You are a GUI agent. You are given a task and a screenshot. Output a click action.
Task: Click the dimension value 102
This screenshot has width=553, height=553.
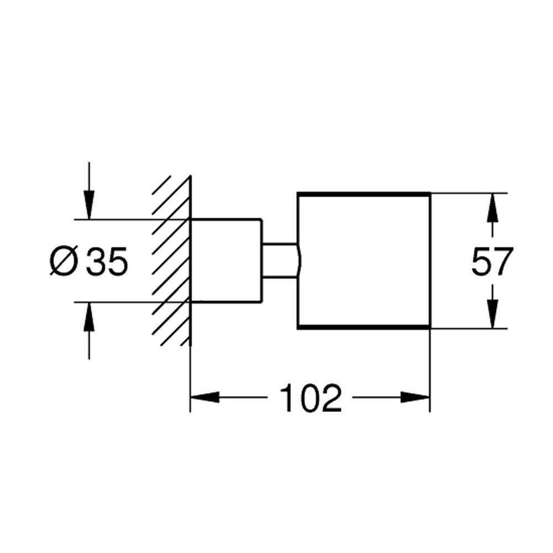[x=311, y=398]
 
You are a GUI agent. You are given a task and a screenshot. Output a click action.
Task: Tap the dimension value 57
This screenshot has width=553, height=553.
[x=492, y=262]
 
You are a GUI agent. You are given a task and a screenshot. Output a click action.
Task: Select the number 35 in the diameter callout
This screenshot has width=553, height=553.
[x=107, y=262]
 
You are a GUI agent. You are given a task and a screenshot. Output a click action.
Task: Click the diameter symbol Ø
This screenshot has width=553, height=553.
[x=64, y=262]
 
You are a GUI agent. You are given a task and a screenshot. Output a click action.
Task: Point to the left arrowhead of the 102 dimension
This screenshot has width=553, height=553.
[x=205, y=398]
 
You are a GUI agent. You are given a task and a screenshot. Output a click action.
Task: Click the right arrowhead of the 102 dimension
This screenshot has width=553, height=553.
[x=415, y=398]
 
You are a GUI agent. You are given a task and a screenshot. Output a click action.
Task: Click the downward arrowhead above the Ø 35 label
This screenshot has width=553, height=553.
[x=89, y=205]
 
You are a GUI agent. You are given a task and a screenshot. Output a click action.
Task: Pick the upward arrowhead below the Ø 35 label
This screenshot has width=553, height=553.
[x=89, y=317]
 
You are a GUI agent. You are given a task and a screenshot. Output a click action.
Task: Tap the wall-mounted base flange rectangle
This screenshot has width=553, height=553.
[x=226, y=261]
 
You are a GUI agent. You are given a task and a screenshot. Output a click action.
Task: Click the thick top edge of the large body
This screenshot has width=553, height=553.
[x=364, y=194]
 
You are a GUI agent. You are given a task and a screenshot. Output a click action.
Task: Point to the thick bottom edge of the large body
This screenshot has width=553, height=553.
[x=364, y=328]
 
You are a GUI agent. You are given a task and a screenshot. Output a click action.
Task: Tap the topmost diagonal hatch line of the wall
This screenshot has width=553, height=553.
[x=162, y=185]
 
